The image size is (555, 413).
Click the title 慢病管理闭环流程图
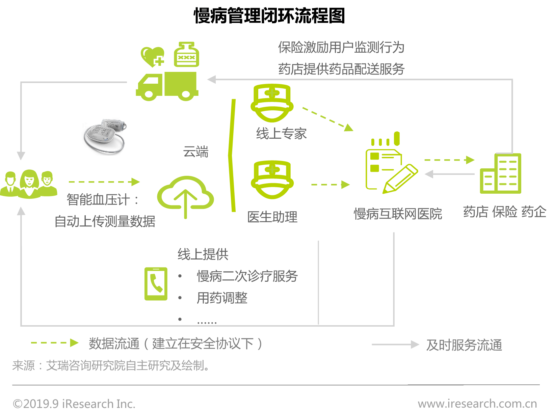pyautogui.click(x=269, y=16)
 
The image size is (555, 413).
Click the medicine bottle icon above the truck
pyautogui.click(x=186, y=54)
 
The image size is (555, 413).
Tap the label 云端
pyautogui.click(x=196, y=152)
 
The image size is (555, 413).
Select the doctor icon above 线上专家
pyautogui.click(x=272, y=103)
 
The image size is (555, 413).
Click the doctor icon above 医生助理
pyautogui.click(x=272, y=180)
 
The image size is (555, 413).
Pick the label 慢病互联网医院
pyautogui.click(x=398, y=214)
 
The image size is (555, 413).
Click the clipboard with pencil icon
pyautogui.click(x=390, y=167)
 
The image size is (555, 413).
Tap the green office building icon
pyautogui.click(x=500, y=173)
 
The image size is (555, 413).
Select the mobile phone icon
pyautogui.click(x=156, y=284)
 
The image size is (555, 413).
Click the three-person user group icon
pyautogui.click(x=29, y=184)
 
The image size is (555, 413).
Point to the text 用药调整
pyautogui.click(x=222, y=298)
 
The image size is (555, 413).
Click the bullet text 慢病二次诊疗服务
pyautogui.click(x=247, y=276)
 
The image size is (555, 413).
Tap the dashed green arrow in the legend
pyautogui.click(x=54, y=343)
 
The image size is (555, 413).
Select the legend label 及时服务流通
pyautogui.click(x=464, y=345)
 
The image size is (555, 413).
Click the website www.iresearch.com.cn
pyautogui.click(x=477, y=404)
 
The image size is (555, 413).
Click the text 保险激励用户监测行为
pyautogui.click(x=341, y=48)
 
